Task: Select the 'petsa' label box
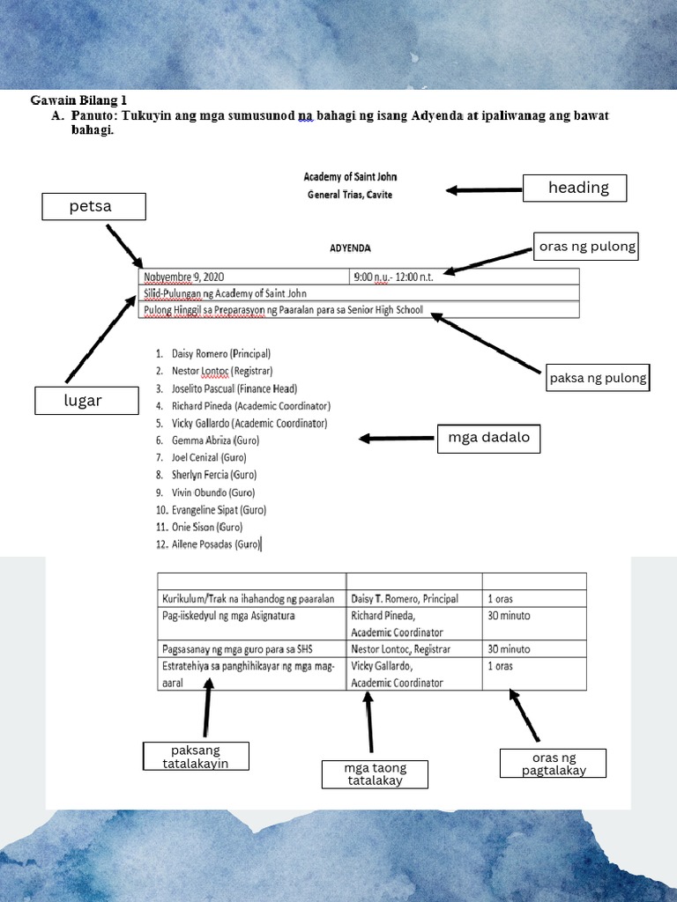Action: click(x=93, y=207)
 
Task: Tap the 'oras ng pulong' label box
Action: click(x=586, y=247)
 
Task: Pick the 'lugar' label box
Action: click(x=87, y=401)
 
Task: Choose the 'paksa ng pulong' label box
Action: click(x=599, y=379)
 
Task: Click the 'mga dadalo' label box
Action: click(x=488, y=438)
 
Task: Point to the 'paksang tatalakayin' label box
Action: click(x=196, y=757)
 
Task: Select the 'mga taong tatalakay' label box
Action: click(x=376, y=774)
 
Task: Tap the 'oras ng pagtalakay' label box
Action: click(x=553, y=764)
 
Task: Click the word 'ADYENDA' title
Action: click(x=350, y=248)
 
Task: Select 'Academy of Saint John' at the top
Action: click(x=350, y=177)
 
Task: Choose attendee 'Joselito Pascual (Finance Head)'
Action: click(x=227, y=388)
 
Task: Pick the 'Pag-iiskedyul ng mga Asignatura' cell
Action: click(x=227, y=616)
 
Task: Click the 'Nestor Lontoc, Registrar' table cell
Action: click(x=400, y=649)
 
